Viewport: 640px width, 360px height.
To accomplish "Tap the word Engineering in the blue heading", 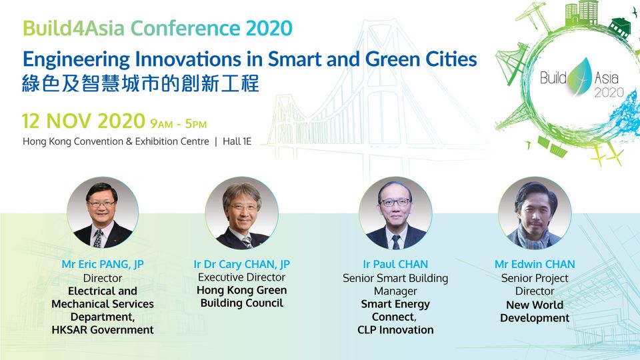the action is (x=76, y=60).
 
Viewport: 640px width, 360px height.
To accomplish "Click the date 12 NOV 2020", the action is (x=84, y=121).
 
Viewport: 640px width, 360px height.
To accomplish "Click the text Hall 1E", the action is (x=237, y=141).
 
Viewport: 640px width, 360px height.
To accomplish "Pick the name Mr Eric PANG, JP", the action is (x=103, y=264).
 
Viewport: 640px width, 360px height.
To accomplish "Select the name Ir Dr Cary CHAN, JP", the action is (x=241, y=264).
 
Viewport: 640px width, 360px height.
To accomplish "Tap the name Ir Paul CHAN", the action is (x=395, y=264).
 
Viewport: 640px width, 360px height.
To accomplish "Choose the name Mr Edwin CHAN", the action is (x=535, y=264).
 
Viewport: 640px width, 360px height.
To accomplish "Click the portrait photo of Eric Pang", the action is (x=103, y=213).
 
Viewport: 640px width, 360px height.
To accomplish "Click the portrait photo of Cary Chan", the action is (x=241, y=213).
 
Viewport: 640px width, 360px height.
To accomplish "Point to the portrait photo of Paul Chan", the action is (x=395, y=213).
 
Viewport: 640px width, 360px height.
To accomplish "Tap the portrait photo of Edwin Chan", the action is (x=535, y=213).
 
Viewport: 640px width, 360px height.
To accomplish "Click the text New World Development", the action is (x=535, y=311).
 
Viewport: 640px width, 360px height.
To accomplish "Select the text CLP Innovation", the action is (x=395, y=330).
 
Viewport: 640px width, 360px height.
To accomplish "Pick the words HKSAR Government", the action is (x=103, y=330).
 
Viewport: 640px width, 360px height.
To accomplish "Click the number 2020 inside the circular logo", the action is (x=609, y=92).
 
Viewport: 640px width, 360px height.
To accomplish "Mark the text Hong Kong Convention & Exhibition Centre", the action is (x=116, y=141).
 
